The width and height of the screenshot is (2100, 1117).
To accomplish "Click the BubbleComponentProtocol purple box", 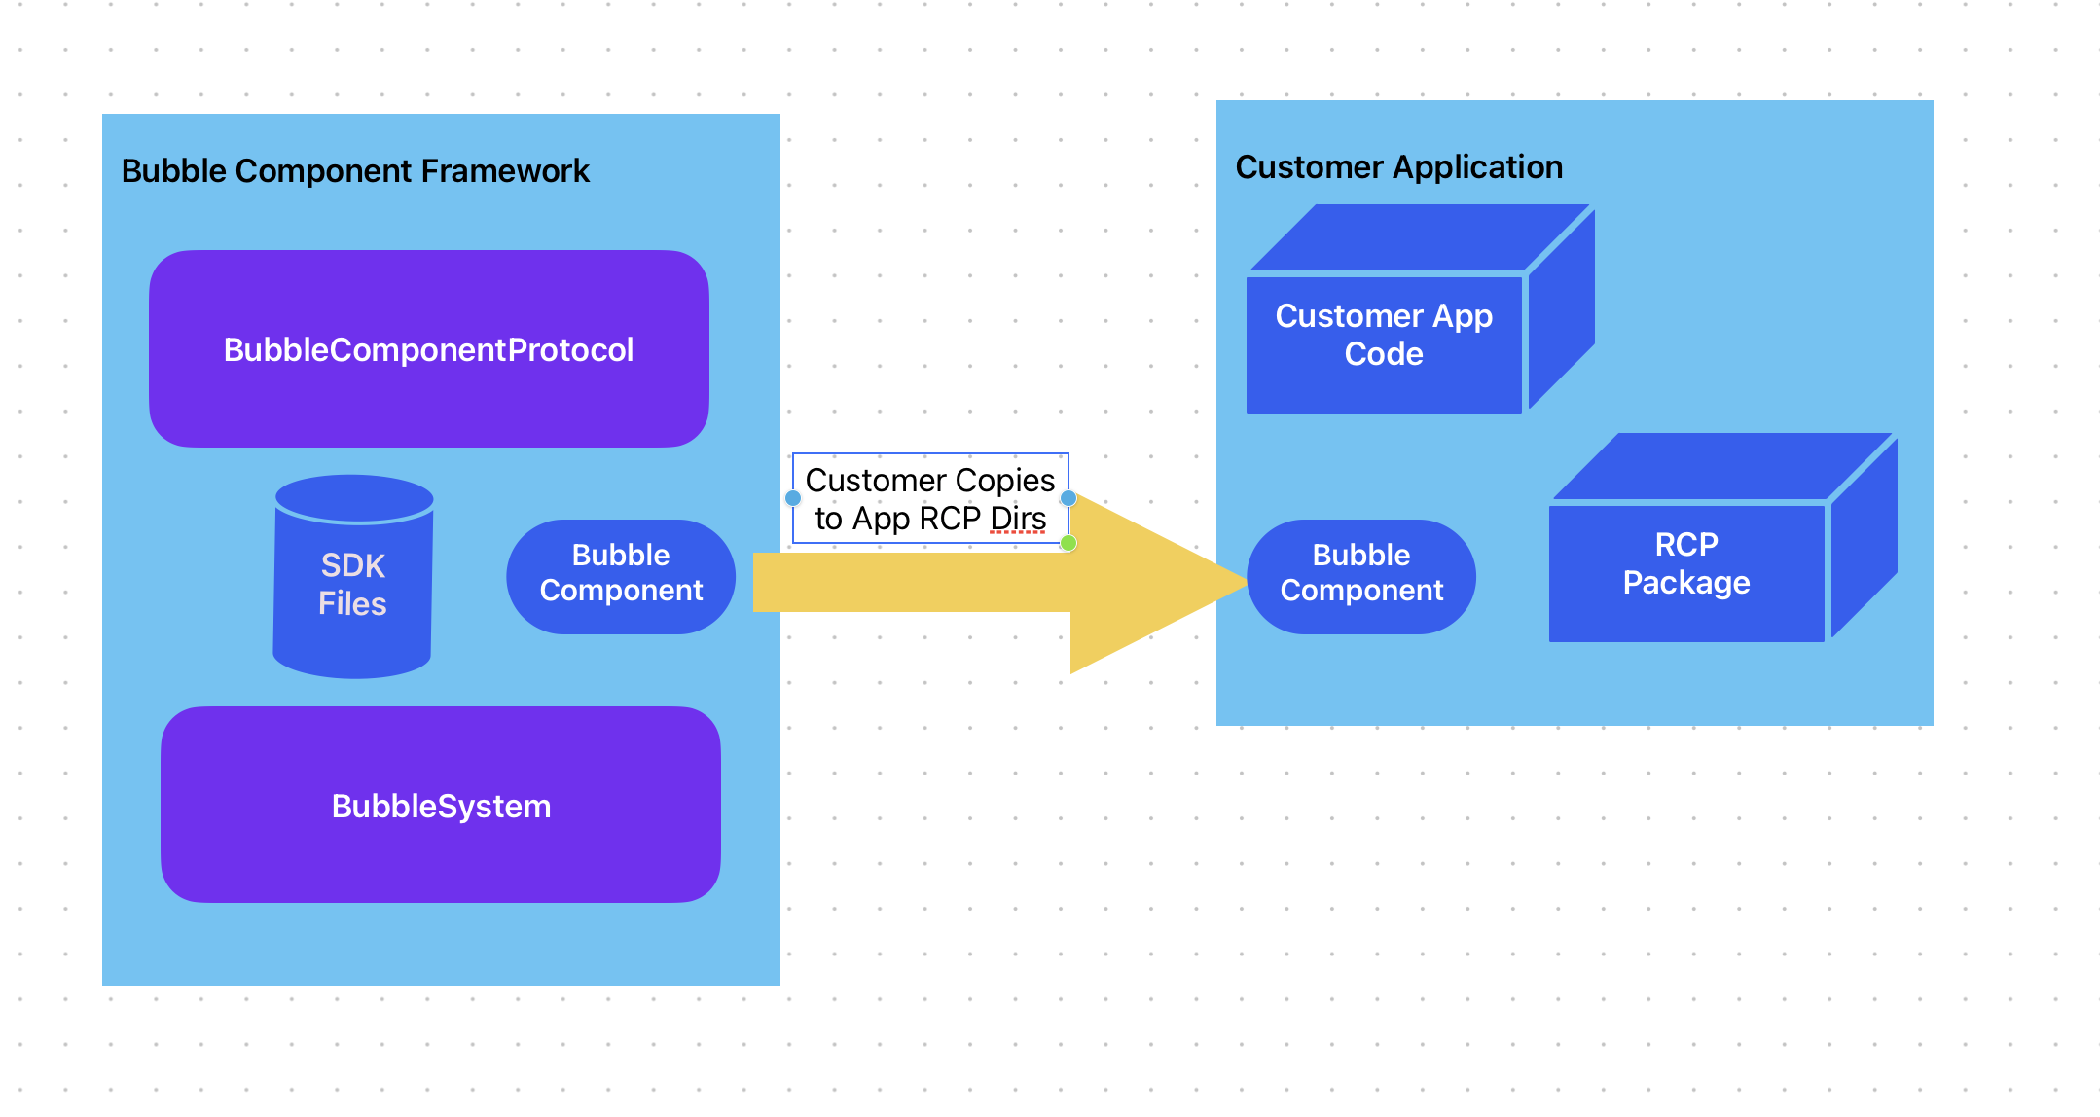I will tap(428, 349).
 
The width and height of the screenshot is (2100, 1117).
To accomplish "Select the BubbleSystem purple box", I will tap(441, 806).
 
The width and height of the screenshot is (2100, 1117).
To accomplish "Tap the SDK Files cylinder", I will tap(353, 584).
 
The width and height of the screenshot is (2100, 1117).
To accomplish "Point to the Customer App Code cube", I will tap(1384, 336).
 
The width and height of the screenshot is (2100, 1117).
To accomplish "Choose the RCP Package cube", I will tap(1686, 564).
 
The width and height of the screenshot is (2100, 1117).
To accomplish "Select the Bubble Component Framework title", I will tap(355, 171).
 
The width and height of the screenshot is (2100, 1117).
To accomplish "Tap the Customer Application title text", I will tap(1398, 167).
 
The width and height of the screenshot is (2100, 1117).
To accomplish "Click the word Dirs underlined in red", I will tap(1018, 519).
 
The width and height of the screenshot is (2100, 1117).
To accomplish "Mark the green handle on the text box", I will tap(1068, 543).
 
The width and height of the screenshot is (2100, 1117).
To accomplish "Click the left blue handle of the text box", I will tap(793, 498).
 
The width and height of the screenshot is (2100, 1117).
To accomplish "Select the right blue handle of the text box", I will tap(1068, 498).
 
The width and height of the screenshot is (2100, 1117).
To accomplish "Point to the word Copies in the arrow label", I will tap(1005, 481).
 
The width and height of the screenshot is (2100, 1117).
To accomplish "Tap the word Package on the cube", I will tap(1686, 583).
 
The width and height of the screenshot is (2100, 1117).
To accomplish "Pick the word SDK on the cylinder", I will tap(353, 565).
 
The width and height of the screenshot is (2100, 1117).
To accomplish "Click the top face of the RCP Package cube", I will tap(1722, 467).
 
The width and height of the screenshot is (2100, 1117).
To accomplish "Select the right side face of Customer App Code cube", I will tap(1561, 311).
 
